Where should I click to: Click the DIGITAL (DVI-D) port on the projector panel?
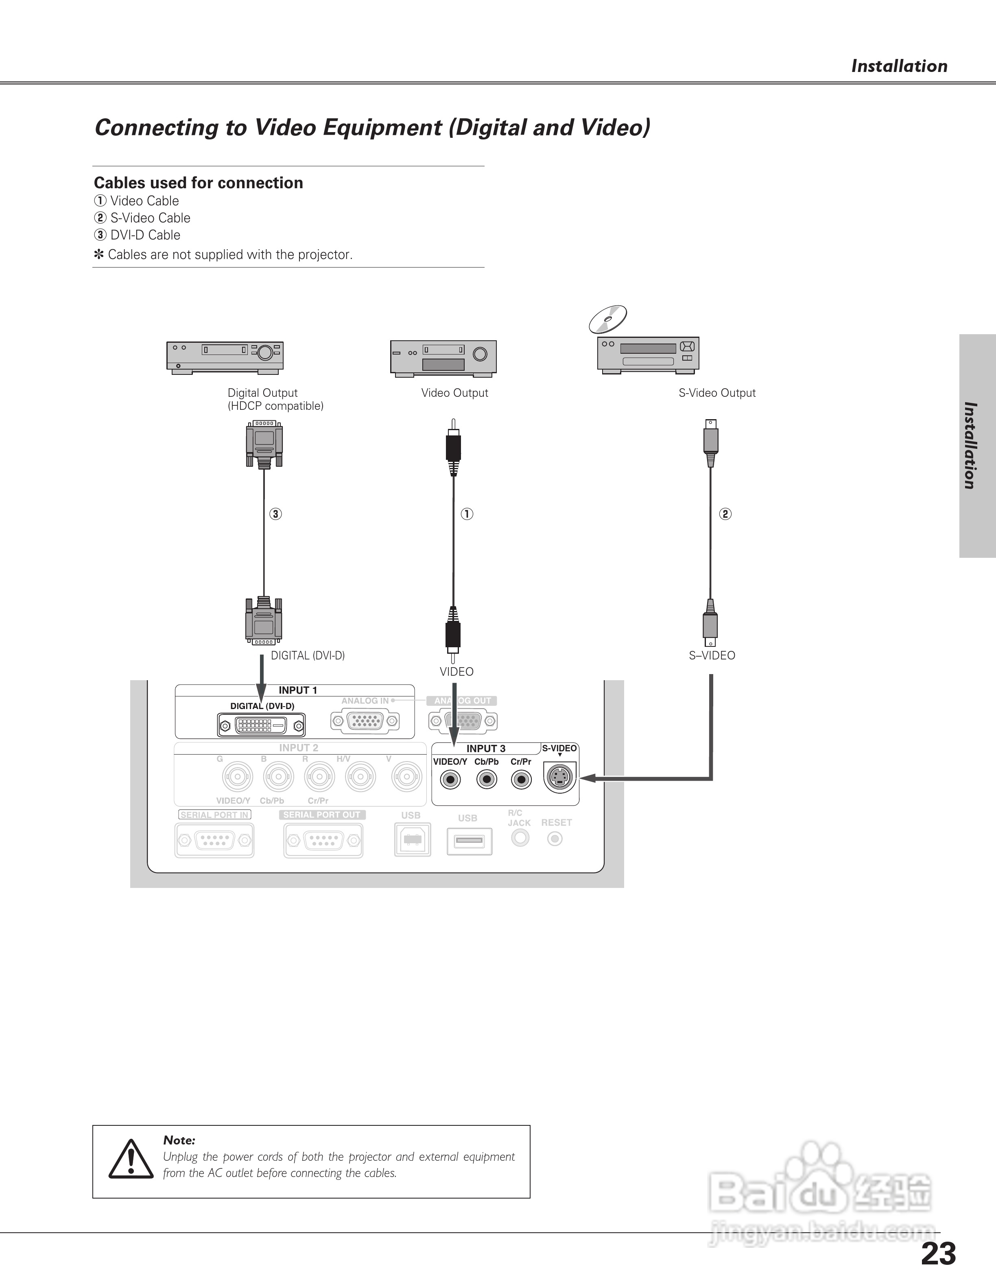(261, 725)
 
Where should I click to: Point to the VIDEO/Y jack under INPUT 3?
(450, 780)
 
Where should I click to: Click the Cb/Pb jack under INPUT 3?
(486, 780)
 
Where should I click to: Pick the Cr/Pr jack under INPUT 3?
(521, 780)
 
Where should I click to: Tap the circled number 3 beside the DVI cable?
(275, 513)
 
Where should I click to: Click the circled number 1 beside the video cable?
(467, 513)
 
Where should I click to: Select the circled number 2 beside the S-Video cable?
(725, 513)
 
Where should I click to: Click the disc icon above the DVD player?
(608, 319)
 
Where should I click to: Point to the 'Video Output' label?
(454, 393)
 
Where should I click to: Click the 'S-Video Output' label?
(717, 393)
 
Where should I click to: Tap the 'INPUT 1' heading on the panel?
(298, 690)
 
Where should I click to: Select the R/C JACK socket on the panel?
(520, 838)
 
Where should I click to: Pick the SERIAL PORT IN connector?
(214, 840)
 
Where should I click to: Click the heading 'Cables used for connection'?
(198, 183)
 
